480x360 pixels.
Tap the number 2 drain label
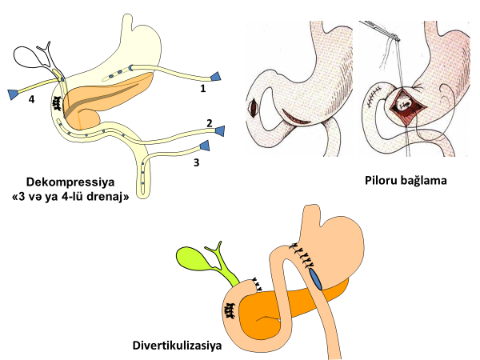click(209, 123)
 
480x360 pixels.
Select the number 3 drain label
click(196, 162)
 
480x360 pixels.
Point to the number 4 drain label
click(31, 100)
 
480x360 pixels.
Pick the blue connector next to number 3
click(205, 146)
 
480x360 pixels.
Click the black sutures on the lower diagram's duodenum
click(230, 312)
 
